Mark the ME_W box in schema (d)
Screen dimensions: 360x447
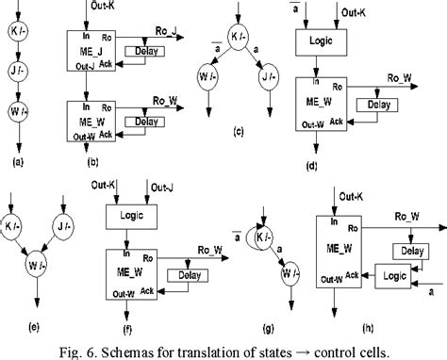click(x=323, y=106)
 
